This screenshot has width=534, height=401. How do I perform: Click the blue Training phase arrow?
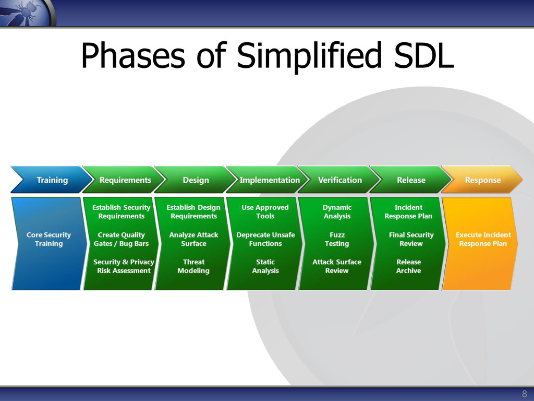pyautogui.click(x=52, y=180)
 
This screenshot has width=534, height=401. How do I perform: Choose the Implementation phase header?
pyautogui.click(x=269, y=180)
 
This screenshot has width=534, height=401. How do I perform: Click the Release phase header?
pyautogui.click(x=411, y=180)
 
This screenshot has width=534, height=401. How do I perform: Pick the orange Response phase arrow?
pyautogui.click(x=482, y=180)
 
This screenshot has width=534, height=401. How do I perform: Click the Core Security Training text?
pyautogui.click(x=48, y=239)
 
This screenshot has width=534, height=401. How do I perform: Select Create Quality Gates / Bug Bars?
pyautogui.click(x=121, y=239)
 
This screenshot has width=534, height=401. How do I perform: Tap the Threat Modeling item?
pyautogui.click(x=193, y=266)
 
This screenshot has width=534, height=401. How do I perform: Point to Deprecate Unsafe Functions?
pyautogui.click(x=265, y=239)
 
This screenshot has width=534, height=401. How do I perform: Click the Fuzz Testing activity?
pyautogui.click(x=337, y=239)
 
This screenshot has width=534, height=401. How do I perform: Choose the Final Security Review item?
pyautogui.click(x=411, y=239)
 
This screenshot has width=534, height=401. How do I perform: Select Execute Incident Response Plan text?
pyautogui.click(x=483, y=239)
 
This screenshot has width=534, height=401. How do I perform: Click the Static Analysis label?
pyautogui.click(x=265, y=266)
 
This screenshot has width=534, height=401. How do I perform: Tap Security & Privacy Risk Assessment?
pyautogui.click(x=124, y=266)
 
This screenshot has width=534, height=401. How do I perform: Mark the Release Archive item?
pyautogui.click(x=408, y=266)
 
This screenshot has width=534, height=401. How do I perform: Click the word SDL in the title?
pyautogui.click(x=423, y=55)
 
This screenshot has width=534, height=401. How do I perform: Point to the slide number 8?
pyautogui.click(x=525, y=394)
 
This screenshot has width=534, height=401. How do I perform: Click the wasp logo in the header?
pyautogui.click(x=27, y=13)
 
